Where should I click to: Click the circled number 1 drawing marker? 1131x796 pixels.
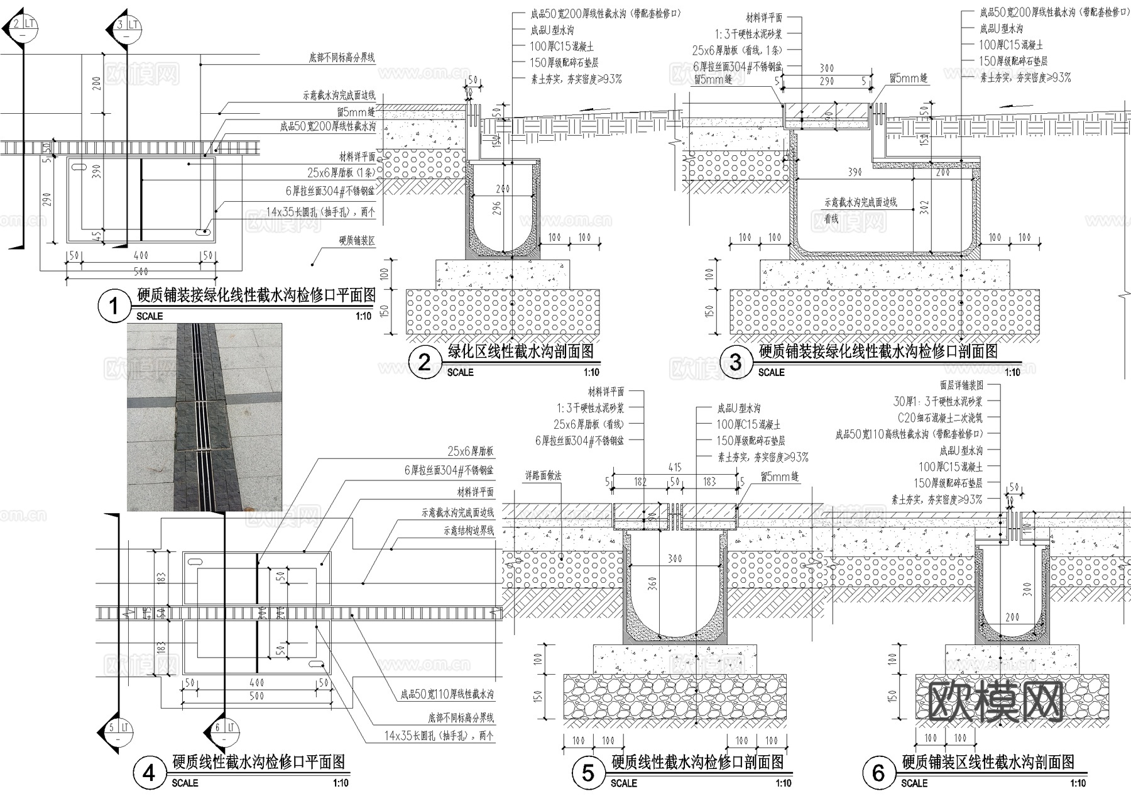click(x=114, y=307)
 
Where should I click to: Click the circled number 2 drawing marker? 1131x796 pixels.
click(x=424, y=362)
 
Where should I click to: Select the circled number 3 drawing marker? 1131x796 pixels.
click(x=735, y=362)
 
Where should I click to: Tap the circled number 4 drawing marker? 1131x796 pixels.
click(x=149, y=773)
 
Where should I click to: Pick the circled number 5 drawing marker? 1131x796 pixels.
click(x=588, y=773)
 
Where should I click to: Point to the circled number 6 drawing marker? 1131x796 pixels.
click(x=878, y=773)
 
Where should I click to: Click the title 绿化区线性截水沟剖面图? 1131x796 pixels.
click(x=520, y=351)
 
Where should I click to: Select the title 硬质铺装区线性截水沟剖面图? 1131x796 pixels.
click(x=988, y=762)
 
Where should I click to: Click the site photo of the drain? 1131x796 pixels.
click(x=204, y=417)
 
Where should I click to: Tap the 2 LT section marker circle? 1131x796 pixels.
click(x=23, y=26)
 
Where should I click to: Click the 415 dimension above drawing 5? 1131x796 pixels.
click(x=675, y=467)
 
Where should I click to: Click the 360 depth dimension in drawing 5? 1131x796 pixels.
click(x=653, y=583)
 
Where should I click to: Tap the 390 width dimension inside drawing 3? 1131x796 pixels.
click(x=855, y=172)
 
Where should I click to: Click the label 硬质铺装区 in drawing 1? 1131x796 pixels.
click(x=357, y=240)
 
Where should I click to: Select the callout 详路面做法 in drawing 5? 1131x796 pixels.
click(x=544, y=477)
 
